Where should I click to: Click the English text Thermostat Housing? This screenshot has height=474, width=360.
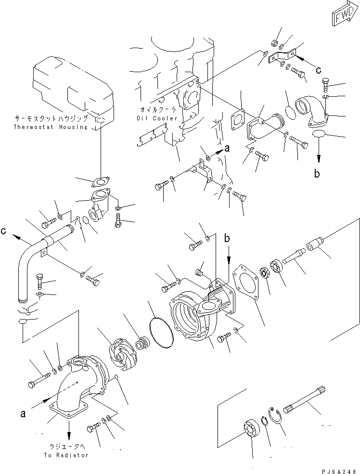(x=51, y=127)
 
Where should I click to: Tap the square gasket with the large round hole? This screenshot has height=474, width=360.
(x=248, y=288)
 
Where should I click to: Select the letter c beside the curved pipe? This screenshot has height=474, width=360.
(x=4, y=231)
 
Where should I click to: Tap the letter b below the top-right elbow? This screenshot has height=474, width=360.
(x=317, y=175)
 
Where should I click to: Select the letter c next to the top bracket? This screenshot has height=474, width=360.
(x=319, y=70)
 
